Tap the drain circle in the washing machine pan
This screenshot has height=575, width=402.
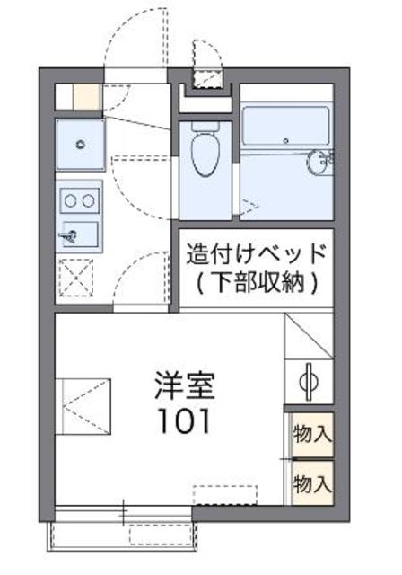click(80, 143)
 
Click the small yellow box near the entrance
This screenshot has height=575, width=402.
click(87, 96)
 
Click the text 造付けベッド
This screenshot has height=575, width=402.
click(256, 252)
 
